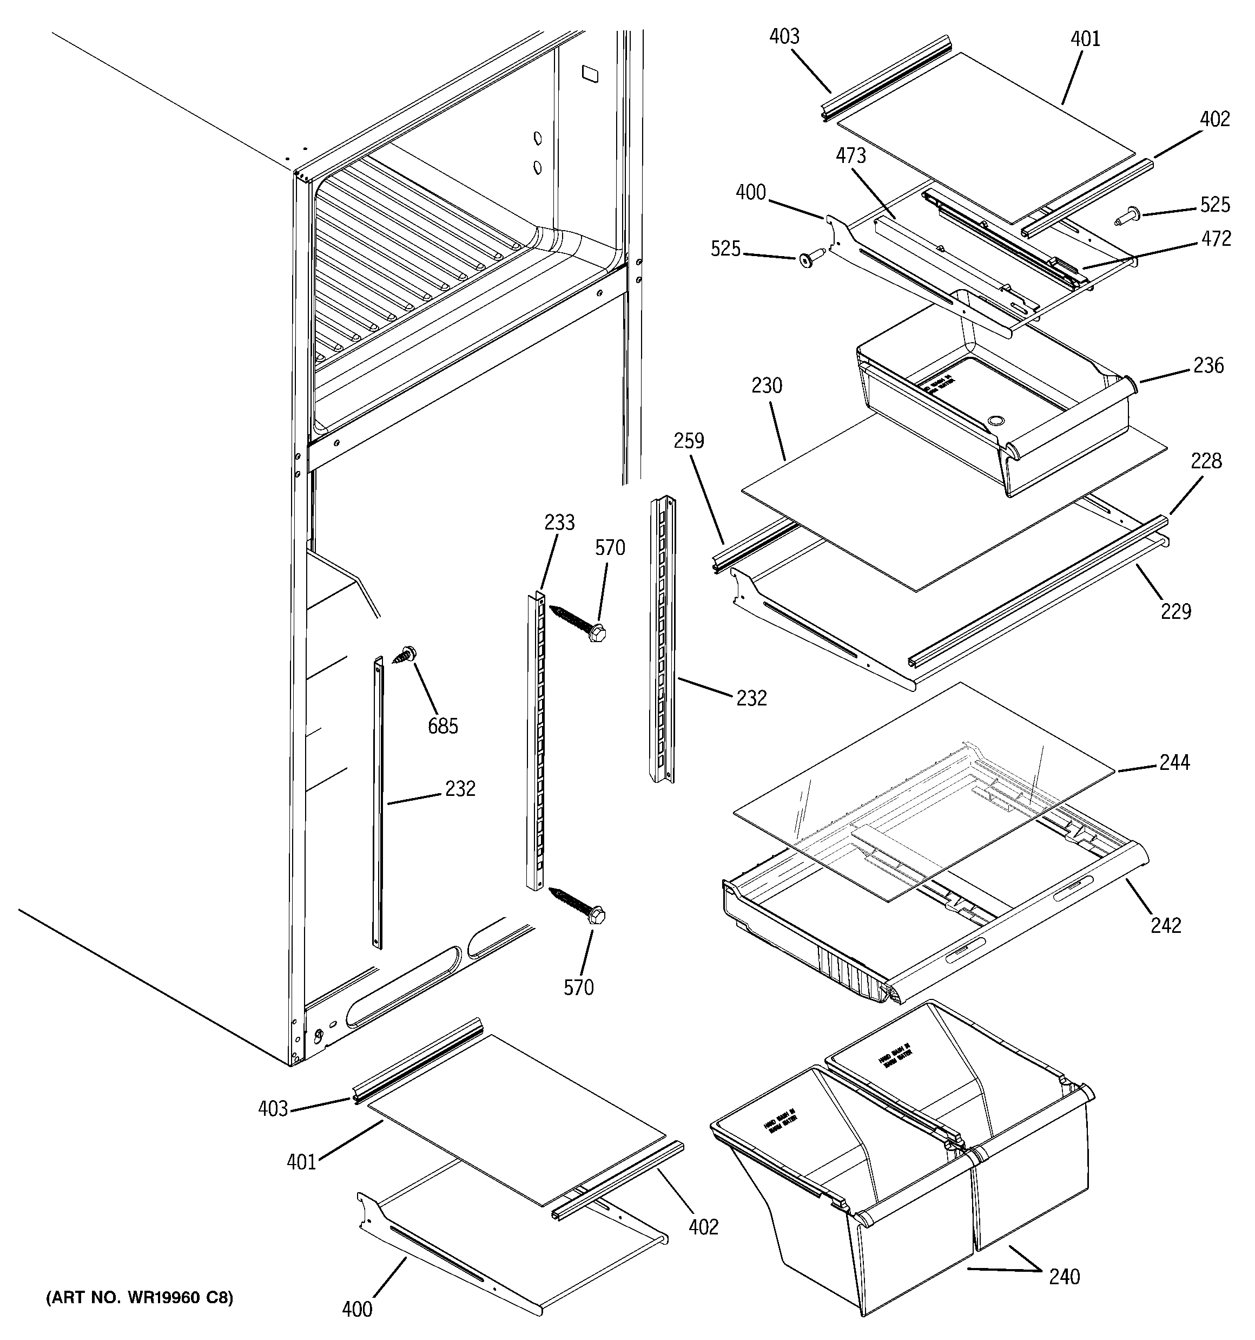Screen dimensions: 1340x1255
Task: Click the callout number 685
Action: (442, 726)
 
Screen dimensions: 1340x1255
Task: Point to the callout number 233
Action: (560, 522)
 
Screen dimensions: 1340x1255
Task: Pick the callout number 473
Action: (851, 156)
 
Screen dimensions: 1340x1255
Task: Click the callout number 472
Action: (1216, 239)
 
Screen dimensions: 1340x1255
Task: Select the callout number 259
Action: (689, 441)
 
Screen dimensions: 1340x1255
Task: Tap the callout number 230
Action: (767, 385)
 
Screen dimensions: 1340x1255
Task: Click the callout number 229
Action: (1176, 611)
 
